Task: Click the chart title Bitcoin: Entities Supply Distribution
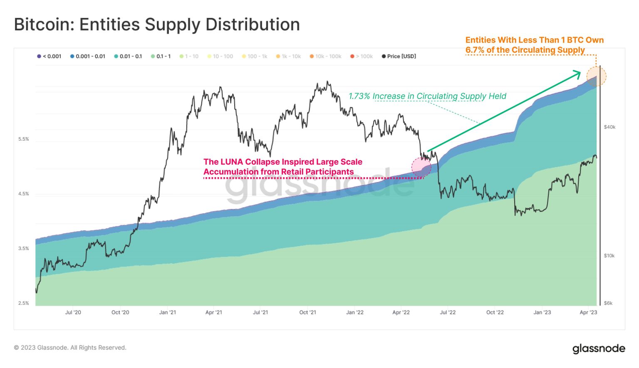coord(157,25)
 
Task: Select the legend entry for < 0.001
coord(49,56)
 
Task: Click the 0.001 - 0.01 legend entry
coord(88,56)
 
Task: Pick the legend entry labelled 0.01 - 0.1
coord(128,56)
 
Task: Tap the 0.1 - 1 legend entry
coord(161,56)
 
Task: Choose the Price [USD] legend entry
coord(399,56)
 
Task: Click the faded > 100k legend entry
coord(362,56)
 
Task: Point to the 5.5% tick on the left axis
coord(24,139)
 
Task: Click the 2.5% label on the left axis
coord(24,303)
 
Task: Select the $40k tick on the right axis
coord(609,127)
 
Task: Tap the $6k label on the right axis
coord(608,303)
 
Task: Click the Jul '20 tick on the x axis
coord(73,312)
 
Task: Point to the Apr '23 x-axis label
coord(588,312)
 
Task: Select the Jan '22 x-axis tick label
coord(355,312)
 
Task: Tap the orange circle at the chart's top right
coord(596,77)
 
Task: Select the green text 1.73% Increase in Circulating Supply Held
coord(427,96)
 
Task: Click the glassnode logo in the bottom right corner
coord(599,348)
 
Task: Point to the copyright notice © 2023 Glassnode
coord(70,348)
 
